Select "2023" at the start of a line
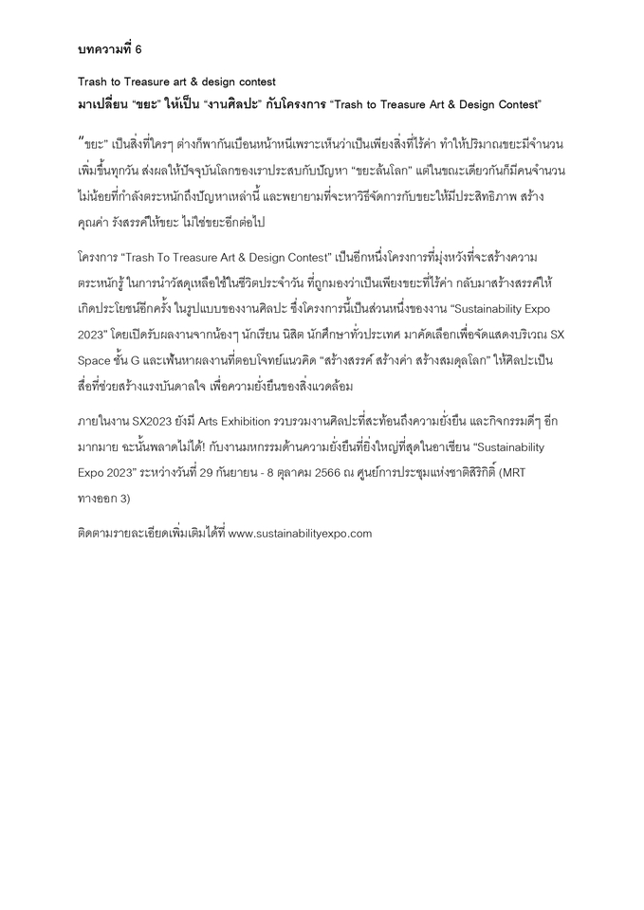93,335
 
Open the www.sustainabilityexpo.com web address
301,533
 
